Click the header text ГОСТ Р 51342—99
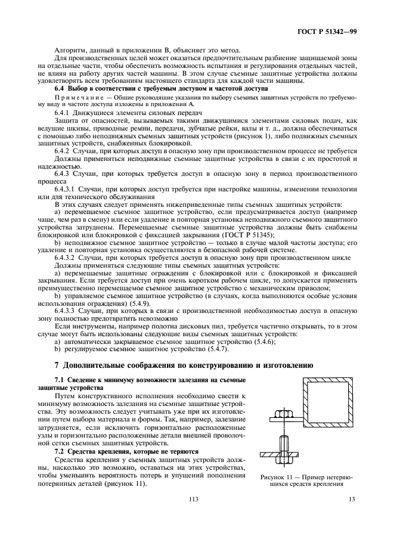point(331,31)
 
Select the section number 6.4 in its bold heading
point(60,88)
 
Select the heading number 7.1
point(60,380)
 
